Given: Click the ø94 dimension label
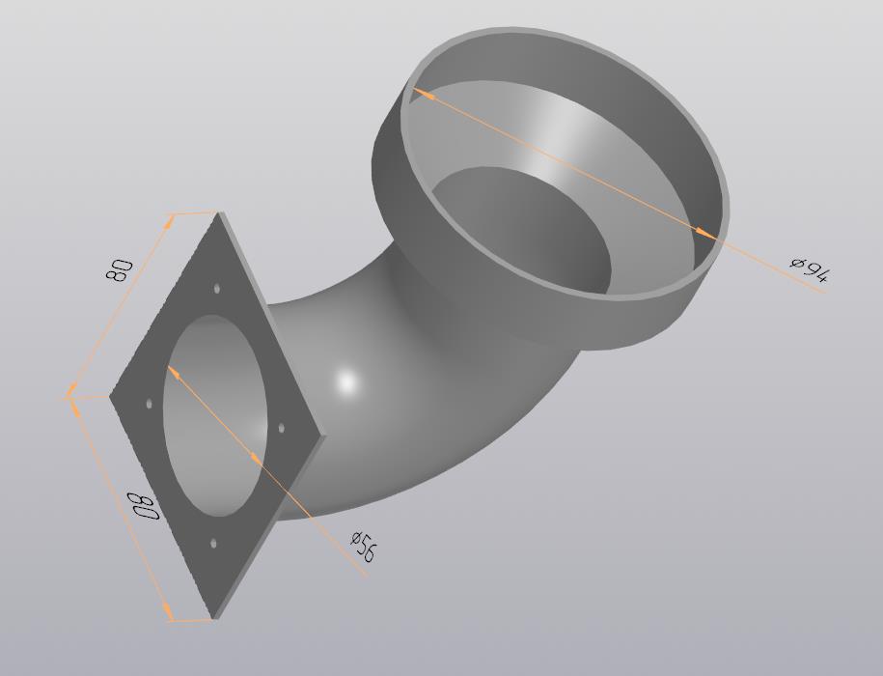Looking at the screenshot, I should tap(809, 269).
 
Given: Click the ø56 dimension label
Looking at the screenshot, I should tap(363, 546).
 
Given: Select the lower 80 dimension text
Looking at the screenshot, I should tap(143, 505).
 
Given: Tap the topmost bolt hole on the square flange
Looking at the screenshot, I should tap(217, 289).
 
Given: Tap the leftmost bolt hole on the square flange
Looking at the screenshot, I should tap(149, 403).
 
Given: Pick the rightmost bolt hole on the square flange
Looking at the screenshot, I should tap(281, 427).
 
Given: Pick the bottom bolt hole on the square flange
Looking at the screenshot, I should tap(213, 544).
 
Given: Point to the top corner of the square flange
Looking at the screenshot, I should tap(221, 213).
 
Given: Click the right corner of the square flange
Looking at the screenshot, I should tap(324, 437).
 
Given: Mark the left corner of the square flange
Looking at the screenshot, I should tap(110, 394).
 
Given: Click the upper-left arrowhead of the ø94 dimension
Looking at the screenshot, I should tap(422, 94).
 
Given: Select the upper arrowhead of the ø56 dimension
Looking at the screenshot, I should tap(174, 371).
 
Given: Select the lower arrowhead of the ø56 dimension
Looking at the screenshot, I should tap(257, 458).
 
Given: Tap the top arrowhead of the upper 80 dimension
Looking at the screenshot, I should tap(171, 219).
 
